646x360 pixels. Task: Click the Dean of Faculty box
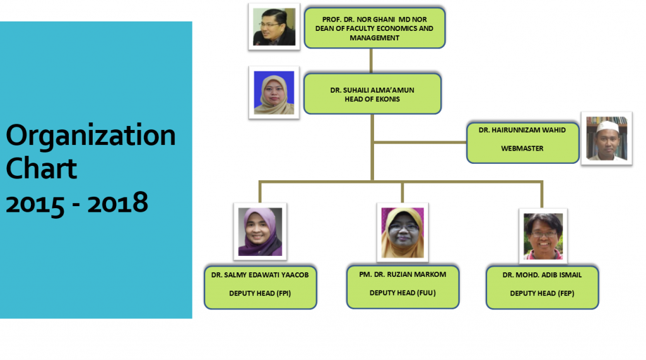[375, 28]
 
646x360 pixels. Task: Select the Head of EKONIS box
[372, 94]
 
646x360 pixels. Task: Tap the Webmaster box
[522, 142]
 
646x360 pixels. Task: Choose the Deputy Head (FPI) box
[261, 287]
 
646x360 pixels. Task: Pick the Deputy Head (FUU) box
[402, 287]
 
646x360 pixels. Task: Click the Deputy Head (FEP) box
[542, 287]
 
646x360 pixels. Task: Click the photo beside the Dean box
[274, 26]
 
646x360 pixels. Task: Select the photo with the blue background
[274, 93]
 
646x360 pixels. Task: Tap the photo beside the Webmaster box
[606, 139]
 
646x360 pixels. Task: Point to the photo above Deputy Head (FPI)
[260, 231]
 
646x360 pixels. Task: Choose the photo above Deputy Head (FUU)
[402, 233]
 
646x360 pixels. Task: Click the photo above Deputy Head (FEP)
[543, 236]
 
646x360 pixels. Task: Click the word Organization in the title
[91, 136]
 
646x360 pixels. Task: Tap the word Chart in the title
[41, 168]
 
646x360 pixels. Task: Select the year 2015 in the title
[35, 204]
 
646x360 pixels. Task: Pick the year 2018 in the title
[117, 202]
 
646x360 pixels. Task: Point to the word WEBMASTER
[522, 148]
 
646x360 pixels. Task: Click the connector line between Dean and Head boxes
[371, 61]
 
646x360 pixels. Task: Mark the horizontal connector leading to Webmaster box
[420, 142]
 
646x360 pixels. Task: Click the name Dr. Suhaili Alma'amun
[372, 90]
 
